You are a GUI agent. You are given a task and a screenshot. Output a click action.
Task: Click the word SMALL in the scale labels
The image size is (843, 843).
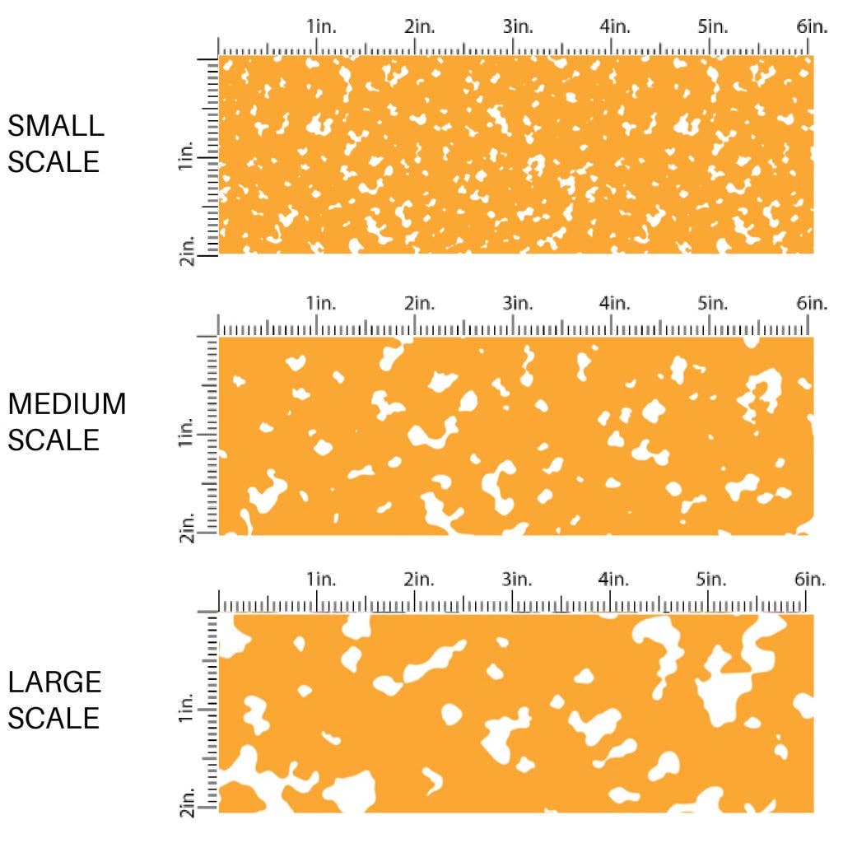click(x=56, y=126)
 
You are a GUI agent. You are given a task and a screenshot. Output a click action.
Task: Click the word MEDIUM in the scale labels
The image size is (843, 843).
click(x=68, y=404)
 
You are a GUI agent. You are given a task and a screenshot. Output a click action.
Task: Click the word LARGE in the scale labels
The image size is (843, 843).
click(x=55, y=682)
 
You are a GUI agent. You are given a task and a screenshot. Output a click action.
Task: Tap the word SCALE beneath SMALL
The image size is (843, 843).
click(x=54, y=162)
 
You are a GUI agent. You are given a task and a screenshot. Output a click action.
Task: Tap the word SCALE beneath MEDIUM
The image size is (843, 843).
click(x=54, y=440)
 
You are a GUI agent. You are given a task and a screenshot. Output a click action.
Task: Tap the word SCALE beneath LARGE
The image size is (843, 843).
click(x=54, y=718)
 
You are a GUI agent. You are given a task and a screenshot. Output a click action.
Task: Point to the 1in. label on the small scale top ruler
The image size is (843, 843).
click(x=322, y=27)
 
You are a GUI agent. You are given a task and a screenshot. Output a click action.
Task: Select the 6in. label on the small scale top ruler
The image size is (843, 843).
click(x=812, y=27)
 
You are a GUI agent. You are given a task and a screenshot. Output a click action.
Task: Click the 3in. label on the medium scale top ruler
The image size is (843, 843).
click(x=518, y=304)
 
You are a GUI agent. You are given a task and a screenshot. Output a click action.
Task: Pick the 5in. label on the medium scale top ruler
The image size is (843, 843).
click(x=713, y=304)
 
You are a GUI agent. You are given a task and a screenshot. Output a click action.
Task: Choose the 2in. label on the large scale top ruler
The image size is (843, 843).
click(x=420, y=579)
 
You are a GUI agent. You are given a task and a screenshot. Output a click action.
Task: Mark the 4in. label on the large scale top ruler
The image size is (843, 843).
click(x=616, y=579)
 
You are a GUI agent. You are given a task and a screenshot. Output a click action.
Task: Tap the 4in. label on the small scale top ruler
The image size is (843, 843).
click(x=616, y=27)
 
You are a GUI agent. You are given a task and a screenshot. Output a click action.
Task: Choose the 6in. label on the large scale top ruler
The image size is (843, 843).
click(x=812, y=579)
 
